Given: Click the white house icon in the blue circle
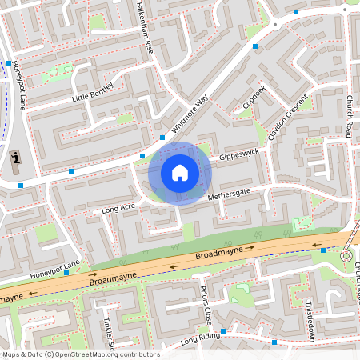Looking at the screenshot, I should coord(179,172).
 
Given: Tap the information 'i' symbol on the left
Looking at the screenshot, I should coord(16,161).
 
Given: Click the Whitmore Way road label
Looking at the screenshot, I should coord(189,114).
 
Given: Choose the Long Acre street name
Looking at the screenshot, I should coord(118,209).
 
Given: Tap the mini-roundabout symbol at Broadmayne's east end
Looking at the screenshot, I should coord(346,256).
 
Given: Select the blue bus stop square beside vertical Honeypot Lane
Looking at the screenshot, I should coord(9,63).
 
